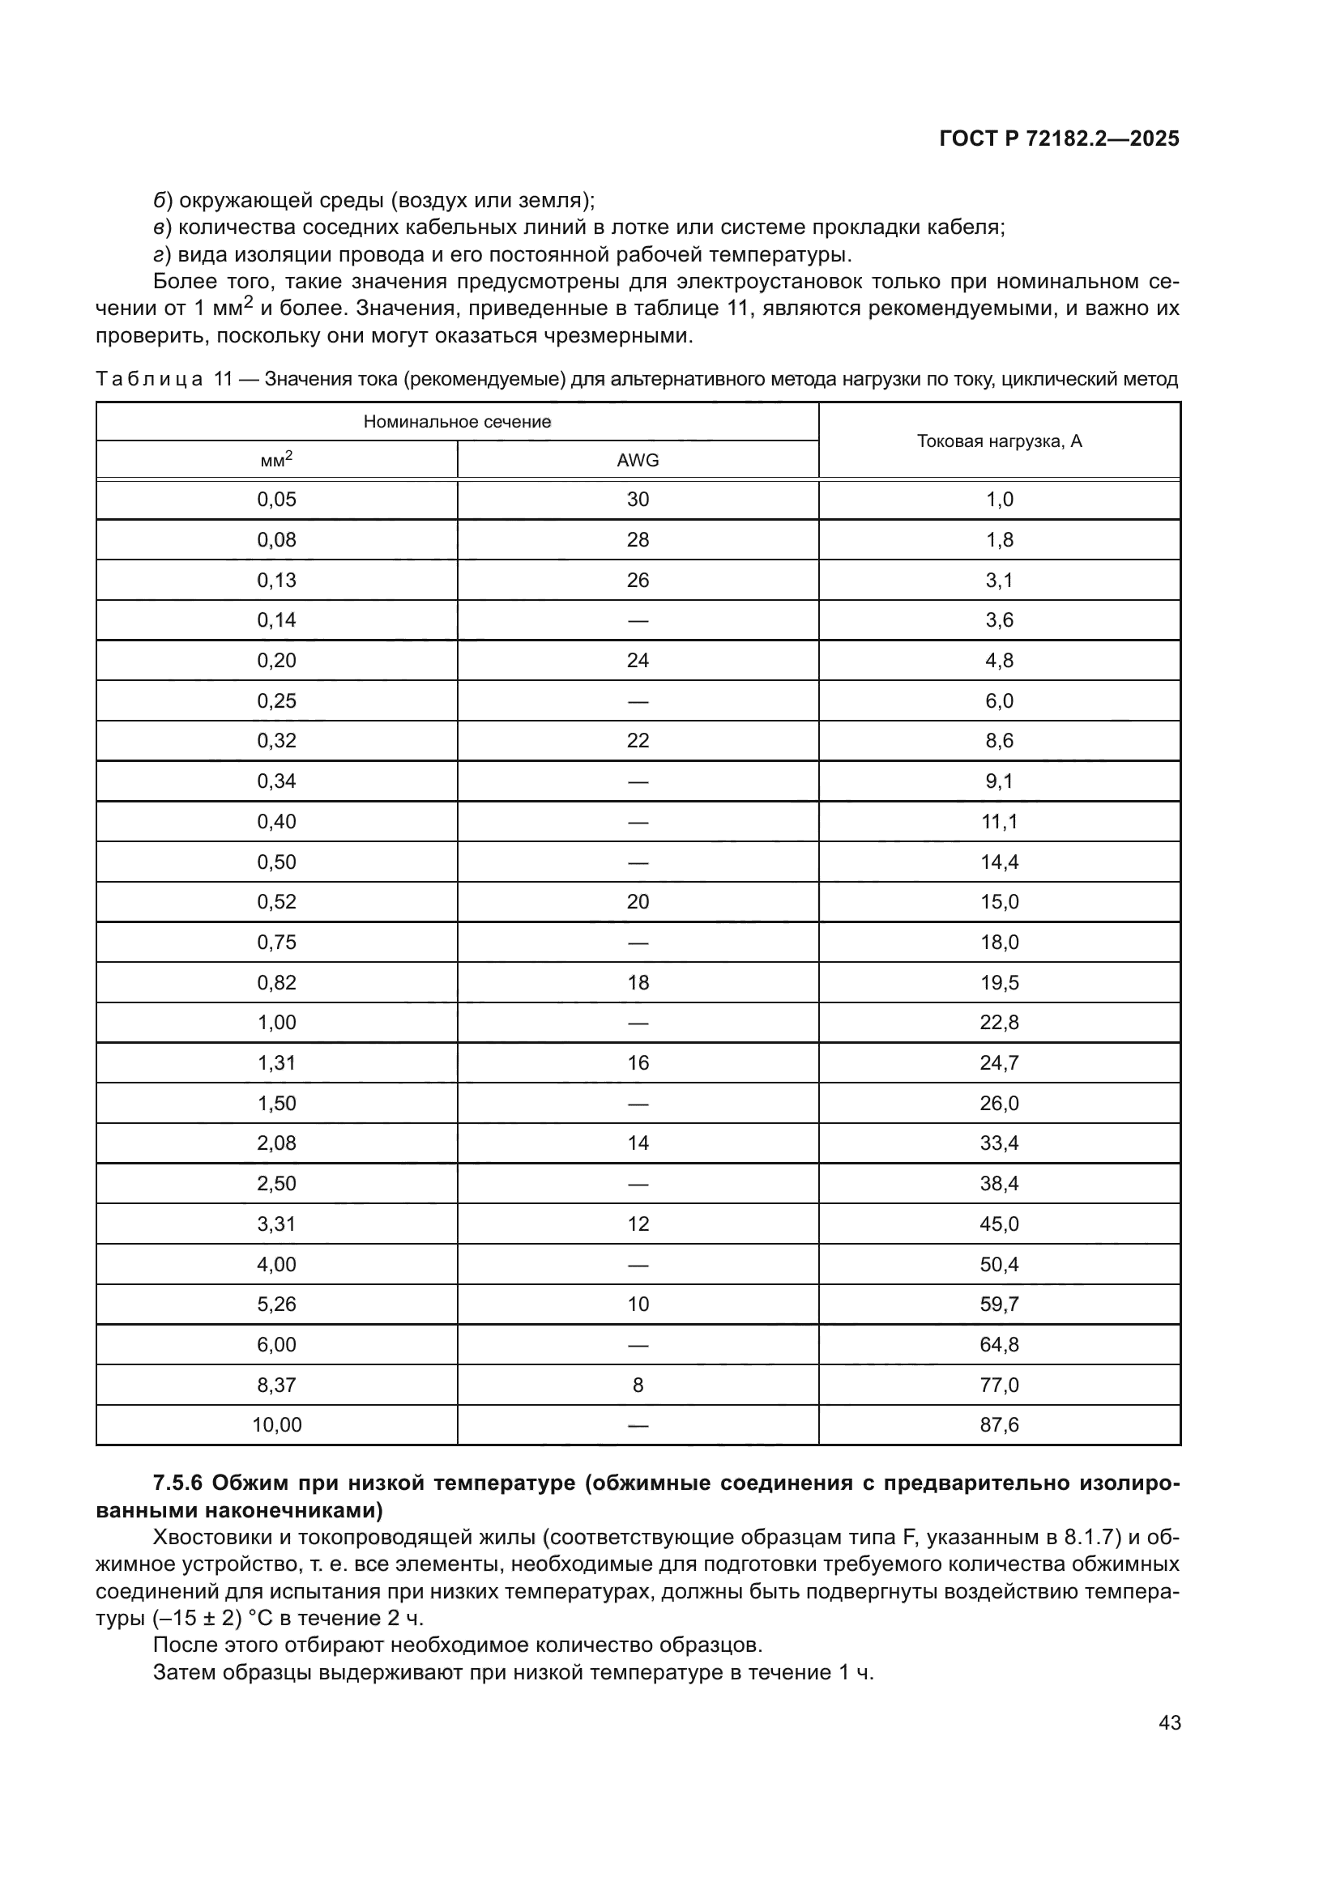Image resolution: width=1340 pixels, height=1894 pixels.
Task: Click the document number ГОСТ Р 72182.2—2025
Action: (x=1059, y=138)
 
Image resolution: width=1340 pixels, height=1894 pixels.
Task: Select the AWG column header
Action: (x=638, y=460)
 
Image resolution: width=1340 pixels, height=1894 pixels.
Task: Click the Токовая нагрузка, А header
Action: (x=999, y=441)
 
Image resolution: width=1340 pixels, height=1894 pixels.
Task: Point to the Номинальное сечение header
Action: (x=457, y=422)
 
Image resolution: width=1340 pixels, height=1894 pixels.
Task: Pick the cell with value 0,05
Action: (x=276, y=499)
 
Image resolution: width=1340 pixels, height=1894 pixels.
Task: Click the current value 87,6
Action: (x=999, y=1424)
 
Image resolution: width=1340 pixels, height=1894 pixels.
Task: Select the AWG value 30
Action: (x=638, y=499)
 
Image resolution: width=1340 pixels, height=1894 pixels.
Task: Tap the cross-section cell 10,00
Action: (x=276, y=1424)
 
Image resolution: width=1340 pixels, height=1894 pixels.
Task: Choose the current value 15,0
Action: (x=999, y=901)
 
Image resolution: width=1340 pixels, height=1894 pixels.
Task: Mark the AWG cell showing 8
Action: (x=638, y=1385)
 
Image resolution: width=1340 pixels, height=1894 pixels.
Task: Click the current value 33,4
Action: (x=999, y=1143)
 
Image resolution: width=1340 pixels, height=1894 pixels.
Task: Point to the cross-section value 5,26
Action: (x=276, y=1304)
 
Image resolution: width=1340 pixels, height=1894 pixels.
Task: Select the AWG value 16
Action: (x=638, y=1062)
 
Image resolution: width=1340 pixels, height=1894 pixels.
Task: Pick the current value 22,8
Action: (x=999, y=1022)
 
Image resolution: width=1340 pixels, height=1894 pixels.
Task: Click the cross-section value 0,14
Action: (x=276, y=619)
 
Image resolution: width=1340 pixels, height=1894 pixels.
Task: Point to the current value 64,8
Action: (x=999, y=1345)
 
